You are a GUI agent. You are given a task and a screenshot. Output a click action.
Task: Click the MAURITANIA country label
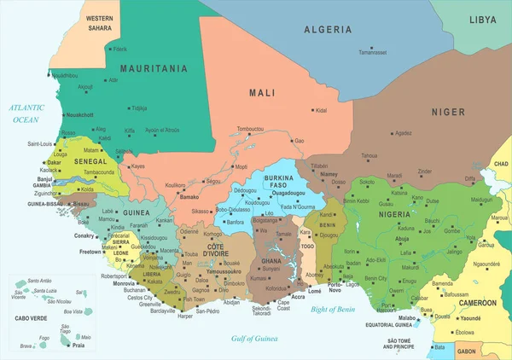click(x=154, y=68)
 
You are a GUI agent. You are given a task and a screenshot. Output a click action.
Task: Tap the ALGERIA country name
click(x=328, y=30)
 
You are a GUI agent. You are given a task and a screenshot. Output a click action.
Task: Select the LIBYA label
click(x=482, y=19)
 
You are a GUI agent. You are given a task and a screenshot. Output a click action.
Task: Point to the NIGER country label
click(x=448, y=112)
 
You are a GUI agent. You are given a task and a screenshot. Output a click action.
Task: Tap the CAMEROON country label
click(x=477, y=302)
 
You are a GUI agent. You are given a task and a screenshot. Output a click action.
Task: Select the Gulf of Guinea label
click(x=255, y=339)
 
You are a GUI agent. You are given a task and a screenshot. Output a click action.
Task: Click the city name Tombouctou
click(x=255, y=129)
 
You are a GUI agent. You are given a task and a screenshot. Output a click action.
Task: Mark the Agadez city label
click(x=404, y=132)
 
